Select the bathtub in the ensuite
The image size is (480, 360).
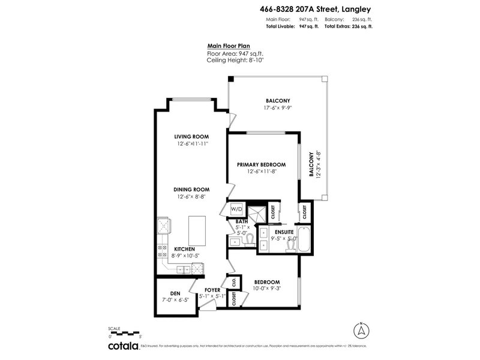[304, 240]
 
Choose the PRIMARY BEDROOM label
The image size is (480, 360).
[261, 164]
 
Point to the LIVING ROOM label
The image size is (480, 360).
[191, 137]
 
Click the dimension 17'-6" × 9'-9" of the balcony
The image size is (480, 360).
[278, 108]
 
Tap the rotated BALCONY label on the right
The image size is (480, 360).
[311, 164]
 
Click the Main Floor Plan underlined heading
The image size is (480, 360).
[228, 45]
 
